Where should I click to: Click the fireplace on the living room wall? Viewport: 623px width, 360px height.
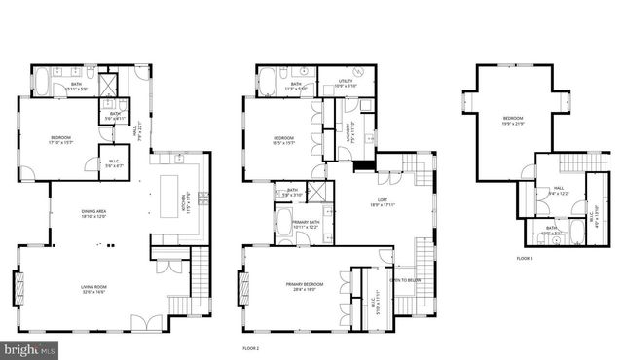[x=17, y=288]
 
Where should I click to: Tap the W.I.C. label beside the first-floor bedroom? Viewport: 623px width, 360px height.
[x=113, y=162]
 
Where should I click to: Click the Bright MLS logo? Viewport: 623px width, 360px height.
[x=29, y=347]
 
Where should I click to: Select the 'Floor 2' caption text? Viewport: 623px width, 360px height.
[x=252, y=346]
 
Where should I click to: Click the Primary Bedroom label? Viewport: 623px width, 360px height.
[x=305, y=286]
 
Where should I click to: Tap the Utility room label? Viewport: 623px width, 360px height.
[x=347, y=84]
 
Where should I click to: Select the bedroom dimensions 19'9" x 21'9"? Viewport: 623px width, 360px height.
[x=513, y=124]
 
